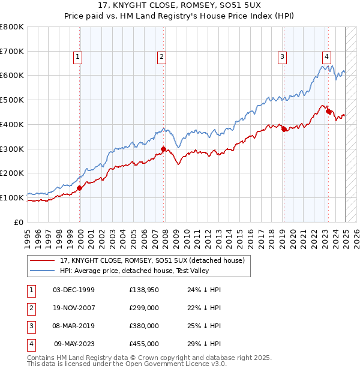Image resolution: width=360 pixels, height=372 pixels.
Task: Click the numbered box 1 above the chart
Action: point(78,57)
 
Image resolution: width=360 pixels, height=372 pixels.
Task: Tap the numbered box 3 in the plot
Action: point(281,57)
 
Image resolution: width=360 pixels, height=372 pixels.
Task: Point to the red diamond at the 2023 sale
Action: point(328,111)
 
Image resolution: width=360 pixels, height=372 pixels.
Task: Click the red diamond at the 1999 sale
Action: point(79,188)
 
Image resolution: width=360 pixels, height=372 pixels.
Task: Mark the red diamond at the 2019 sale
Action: point(284,129)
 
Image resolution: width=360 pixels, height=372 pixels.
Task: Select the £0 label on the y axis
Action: point(19,222)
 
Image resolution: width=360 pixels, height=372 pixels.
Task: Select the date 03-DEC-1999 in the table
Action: point(74,290)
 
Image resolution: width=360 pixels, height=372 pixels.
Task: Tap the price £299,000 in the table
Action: point(144,308)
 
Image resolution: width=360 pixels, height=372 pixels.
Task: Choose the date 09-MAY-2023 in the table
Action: point(74,344)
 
